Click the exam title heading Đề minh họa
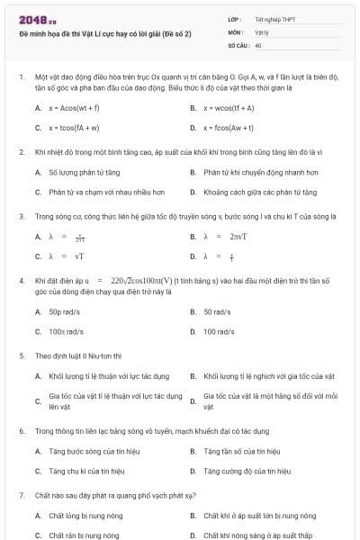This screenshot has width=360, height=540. [104, 34]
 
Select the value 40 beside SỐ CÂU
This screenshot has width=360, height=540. [258, 44]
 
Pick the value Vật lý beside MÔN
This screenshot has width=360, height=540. [262, 31]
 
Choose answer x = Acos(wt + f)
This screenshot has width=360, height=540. [75, 107]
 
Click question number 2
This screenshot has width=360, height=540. [21, 151]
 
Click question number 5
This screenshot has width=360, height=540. [21, 355]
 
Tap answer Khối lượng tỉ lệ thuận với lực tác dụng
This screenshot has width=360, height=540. [109, 375]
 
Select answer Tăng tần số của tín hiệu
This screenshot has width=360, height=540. [245, 450]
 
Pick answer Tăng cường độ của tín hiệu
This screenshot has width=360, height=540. [247, 470]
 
